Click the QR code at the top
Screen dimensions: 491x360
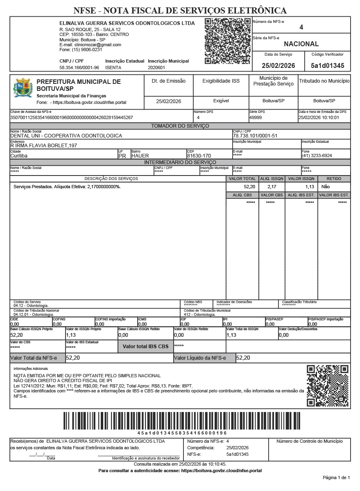tap(227, 41)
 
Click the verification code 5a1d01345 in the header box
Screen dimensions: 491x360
tap(327, 65)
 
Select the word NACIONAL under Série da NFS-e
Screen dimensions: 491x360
tap(301, 44)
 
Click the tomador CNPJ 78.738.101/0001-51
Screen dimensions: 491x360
tap(255, 135)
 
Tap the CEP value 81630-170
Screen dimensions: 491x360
tap(199, 156)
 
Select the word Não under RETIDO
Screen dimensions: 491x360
tap(326, 187)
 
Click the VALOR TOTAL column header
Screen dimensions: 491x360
tap(242, 179)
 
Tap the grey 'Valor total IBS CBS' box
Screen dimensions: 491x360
tap(146, 347)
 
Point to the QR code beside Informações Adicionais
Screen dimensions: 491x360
tap(328, 385)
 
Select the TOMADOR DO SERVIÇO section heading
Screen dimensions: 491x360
tap(180, 126)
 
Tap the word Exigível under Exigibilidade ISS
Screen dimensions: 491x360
tap(221, 101)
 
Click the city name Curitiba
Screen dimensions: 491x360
tap(19, 156)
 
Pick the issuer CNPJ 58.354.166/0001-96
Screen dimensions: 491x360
tap(79, 68)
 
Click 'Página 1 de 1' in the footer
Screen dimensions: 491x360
tap(336, 477)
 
